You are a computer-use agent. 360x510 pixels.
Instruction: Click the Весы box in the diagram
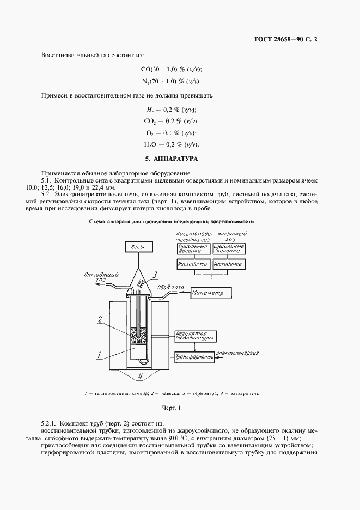tap(139, 247)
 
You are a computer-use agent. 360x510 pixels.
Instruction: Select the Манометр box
tap(211, 293)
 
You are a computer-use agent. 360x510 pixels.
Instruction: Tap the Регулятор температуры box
tap(194, 335)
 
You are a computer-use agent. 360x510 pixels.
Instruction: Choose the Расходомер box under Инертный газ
tap(228, 264)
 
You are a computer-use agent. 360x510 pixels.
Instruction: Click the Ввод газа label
tap(170, 288)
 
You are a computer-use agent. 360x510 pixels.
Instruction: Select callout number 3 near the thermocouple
tap(155, 274)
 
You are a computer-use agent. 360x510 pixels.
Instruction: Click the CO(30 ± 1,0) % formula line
tap(171, 69)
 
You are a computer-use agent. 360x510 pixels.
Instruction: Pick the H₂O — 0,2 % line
tap(171, 144)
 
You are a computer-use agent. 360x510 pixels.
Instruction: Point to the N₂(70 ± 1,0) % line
tap(171, 81)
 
